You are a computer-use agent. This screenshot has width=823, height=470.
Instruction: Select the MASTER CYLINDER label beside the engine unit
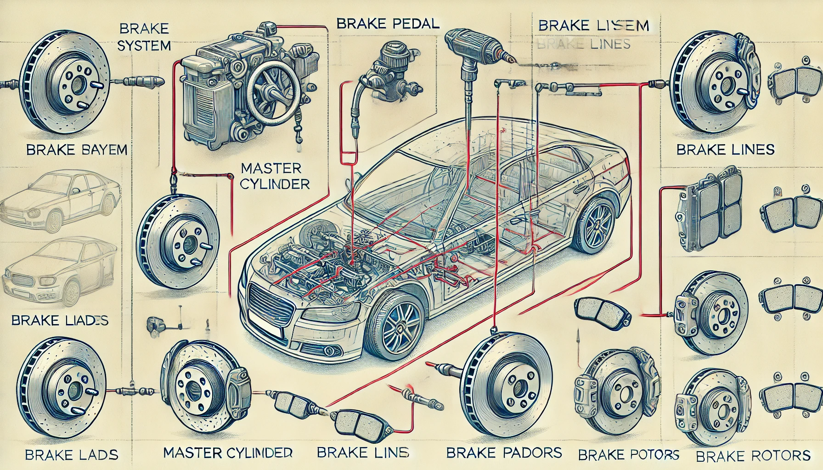click(x=275, y=176)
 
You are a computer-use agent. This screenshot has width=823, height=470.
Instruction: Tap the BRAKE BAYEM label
click(x=77, y=150)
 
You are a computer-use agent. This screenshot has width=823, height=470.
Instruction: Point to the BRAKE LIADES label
click(x=60, y=320)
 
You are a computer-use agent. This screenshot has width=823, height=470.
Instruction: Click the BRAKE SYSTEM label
click(x=145, y=37)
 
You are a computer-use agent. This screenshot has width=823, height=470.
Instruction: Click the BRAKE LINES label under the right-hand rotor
click(x=725, y=149)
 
